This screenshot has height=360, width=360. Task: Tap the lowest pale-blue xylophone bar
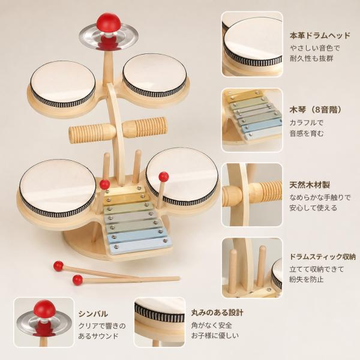(141, 245)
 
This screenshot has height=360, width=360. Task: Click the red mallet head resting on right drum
(164, 176)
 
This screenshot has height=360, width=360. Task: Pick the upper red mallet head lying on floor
(58, 266)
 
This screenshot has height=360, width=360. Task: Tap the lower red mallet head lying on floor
(77, 280)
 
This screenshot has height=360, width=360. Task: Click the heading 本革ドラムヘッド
(320, 35)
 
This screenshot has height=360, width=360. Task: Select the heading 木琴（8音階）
(316, 110)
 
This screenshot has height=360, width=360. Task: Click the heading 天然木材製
(310, 185)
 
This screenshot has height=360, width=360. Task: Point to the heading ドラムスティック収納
(322, 256)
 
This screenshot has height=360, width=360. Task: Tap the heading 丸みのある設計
(217, 313)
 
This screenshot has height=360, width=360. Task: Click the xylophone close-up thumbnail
(252, 120)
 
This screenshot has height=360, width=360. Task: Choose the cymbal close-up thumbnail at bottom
(44, 322)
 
